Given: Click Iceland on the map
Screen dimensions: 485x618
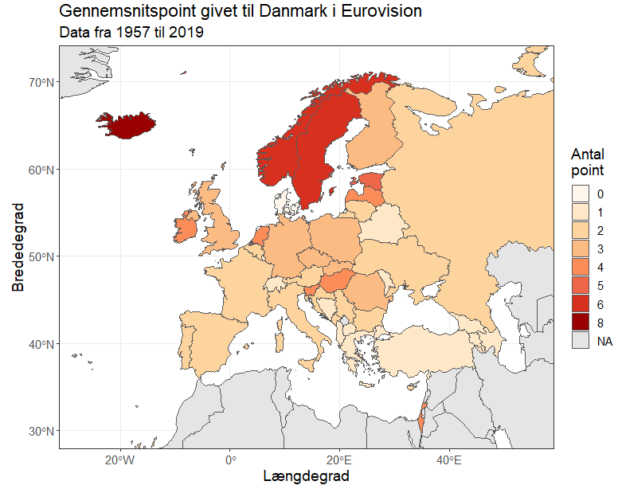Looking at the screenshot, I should point(125,125).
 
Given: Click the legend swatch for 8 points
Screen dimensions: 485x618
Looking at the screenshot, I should point(581,323).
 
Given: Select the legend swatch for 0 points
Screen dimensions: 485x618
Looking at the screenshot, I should point(581,194).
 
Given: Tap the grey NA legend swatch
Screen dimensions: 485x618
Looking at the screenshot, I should point(581,341).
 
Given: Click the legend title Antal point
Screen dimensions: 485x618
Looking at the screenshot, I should point(588,162).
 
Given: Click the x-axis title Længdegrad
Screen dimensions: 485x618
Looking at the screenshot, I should point(306,475).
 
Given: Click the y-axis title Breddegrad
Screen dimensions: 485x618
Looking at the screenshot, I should point(18,247).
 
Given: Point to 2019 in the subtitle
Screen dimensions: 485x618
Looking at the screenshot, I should point(187,33).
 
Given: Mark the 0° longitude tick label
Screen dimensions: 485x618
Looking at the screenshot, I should point(231,460).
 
